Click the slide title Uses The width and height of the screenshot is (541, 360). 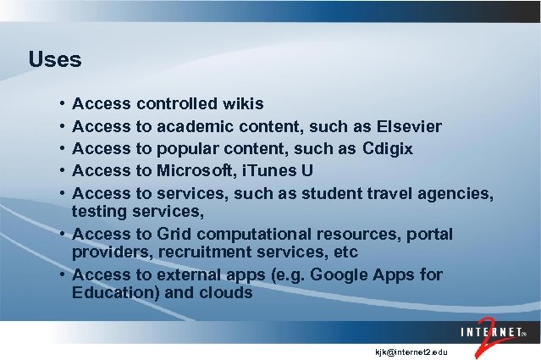[54, 60]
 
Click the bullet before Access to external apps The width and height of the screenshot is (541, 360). [63, 274]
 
